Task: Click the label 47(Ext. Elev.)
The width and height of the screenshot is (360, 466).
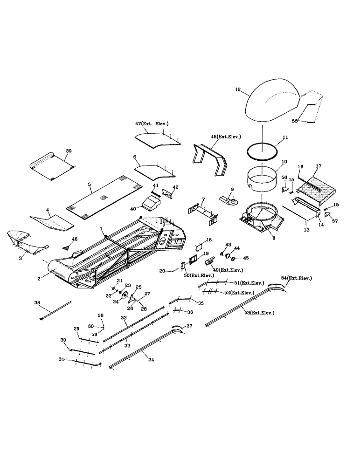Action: coord(152,123)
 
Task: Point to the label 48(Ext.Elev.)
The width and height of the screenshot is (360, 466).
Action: coord(225,137)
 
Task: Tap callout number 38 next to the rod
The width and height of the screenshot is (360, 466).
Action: coord(37,302)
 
